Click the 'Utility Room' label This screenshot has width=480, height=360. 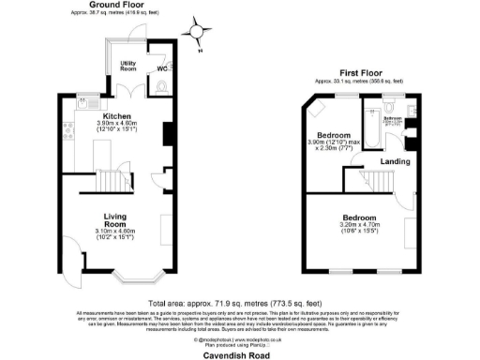[128, 67]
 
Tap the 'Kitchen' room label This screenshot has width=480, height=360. [116, 116]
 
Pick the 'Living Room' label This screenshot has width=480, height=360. [115, 221]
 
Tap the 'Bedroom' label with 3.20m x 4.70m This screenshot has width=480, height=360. [362, 217]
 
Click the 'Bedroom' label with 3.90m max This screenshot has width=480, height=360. [332, 135]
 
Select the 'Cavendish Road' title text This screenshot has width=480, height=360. [239, 354]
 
